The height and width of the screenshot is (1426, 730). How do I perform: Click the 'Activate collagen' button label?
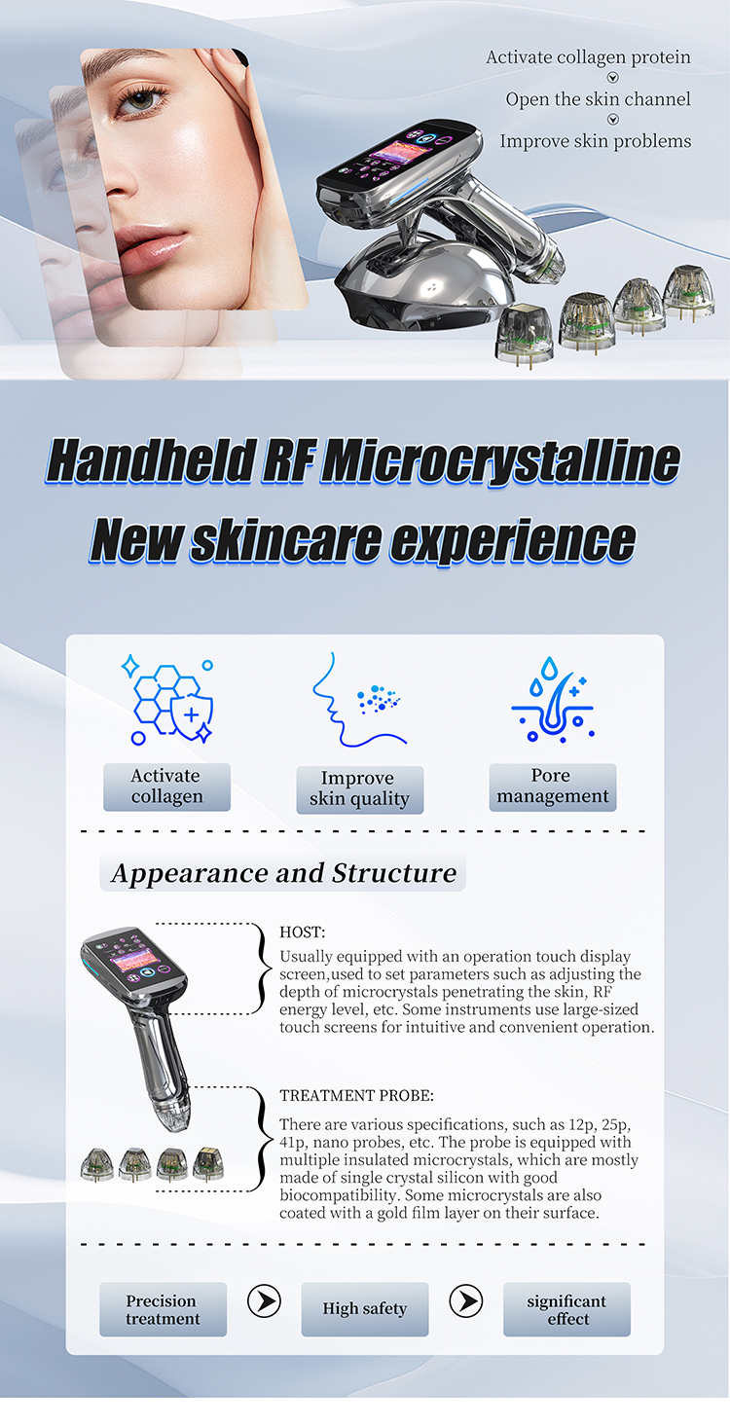(166, 786)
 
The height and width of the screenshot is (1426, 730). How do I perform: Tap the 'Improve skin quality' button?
(359, 789)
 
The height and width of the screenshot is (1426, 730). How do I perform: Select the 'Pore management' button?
(552, 786)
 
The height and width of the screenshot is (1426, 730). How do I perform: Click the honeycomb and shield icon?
(168, 700)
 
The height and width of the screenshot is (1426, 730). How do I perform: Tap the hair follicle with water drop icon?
(552, 700)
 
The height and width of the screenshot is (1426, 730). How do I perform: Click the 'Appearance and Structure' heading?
(283, 872)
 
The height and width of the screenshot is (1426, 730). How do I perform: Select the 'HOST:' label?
(303, 932)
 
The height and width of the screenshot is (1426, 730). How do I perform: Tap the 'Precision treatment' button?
(163, 1309)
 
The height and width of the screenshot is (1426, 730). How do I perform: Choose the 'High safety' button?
(364, 1309)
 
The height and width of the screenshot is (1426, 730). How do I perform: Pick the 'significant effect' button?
(566, 1309)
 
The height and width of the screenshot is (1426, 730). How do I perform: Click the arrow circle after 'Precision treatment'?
(264, 1301)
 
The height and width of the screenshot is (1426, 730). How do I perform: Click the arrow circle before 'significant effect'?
(466, 1301)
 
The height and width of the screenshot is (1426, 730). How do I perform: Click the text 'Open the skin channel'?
(598, 99)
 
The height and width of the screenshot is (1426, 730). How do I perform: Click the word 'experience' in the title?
(512, 541)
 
